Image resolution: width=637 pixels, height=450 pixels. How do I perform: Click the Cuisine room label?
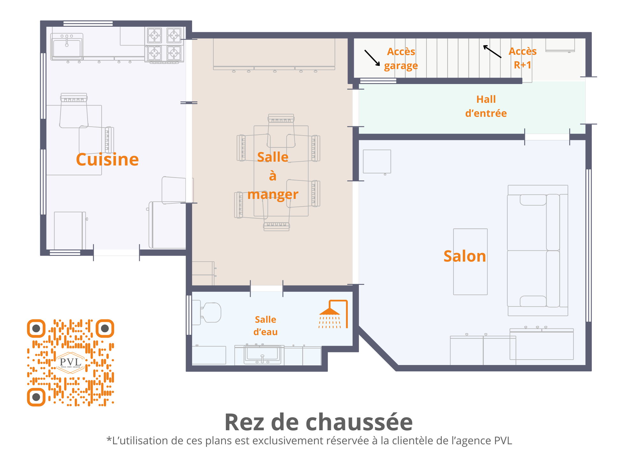coord(107,159)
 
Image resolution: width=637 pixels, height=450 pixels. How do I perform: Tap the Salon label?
coord(465,256)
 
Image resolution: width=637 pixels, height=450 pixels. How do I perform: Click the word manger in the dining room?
coord(273,194)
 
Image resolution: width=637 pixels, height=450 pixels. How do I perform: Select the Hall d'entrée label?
coord(486,106)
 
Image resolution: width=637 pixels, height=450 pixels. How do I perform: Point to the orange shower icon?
coord(333,314)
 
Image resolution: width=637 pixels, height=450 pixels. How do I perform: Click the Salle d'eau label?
coord(265,326)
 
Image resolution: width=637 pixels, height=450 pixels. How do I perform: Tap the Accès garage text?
coord(401,59)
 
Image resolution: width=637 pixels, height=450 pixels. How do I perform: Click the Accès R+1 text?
coord(523,58)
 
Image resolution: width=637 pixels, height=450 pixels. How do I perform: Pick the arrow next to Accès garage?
coord(372,58)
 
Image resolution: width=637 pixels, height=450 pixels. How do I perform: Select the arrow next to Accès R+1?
coord(492,51)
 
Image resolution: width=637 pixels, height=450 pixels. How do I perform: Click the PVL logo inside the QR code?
coord(70,362)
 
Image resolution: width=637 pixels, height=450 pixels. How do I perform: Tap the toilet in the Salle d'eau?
coord(207,313)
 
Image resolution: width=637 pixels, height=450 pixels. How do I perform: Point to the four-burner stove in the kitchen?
coord(164,44)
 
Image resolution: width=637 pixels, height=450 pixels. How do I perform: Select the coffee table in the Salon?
coord(470,262)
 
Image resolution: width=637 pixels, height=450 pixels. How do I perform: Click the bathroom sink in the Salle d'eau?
coord(262,354)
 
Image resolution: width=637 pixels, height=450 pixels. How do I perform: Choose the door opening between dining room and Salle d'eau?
coord(267,288)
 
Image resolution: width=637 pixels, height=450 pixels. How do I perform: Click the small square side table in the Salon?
coord(377,162)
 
